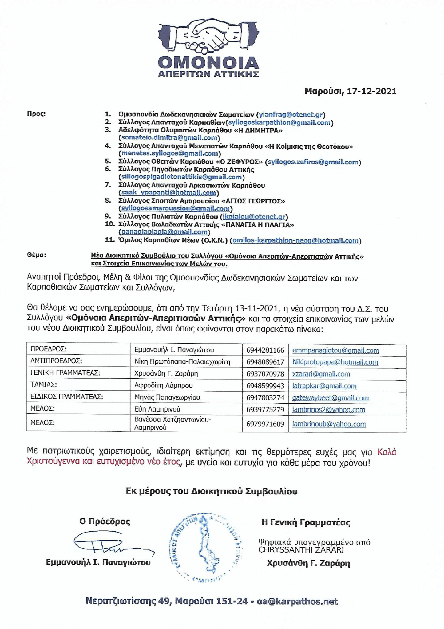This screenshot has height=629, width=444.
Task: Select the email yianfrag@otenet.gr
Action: [291, 115]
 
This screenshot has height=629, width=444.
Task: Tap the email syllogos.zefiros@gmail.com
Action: [313, 162]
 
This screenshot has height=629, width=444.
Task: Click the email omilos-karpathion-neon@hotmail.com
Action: [295, 240]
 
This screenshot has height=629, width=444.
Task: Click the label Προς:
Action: [36, 114]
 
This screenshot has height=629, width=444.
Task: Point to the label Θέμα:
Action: [36, 255]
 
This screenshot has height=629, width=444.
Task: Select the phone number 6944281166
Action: [265, 350]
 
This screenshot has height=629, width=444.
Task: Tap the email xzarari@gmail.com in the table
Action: [321, 374]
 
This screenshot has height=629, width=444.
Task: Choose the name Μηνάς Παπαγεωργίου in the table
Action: [167, 397]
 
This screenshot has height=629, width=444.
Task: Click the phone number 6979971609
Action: [265, 424]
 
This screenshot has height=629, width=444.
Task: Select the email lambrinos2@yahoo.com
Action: [328, 410]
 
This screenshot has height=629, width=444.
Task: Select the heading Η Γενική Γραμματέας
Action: [306, 522]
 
